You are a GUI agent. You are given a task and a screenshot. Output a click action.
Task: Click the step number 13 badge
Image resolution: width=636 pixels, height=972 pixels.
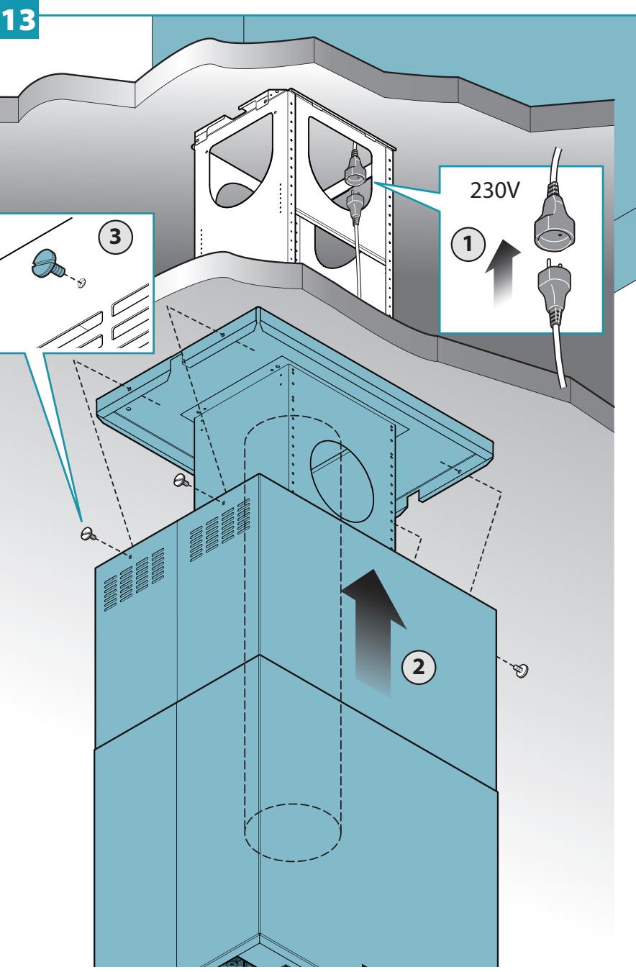(x=19, y=19)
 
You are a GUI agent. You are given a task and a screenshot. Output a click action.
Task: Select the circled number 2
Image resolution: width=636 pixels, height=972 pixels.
(x=418, y=666)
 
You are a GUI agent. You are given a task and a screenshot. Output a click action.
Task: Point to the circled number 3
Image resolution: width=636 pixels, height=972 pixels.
(x=115, y=237)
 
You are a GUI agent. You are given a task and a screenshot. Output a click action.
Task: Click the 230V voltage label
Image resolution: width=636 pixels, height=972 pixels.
(x=494, y=190)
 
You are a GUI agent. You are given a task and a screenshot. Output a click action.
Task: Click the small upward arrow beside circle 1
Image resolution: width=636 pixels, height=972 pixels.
(x=503, y=273)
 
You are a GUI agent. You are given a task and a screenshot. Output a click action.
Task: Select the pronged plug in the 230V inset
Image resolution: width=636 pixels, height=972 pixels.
(x=554, y=289)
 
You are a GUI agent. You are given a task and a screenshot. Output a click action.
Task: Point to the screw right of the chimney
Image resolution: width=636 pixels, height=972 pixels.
(x=521, y=670)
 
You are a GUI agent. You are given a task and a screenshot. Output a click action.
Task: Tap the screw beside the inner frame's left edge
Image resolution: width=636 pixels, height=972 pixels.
(x=181, y=481)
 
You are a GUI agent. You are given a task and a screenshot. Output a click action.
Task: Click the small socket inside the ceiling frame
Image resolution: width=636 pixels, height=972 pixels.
(x=355, y=171)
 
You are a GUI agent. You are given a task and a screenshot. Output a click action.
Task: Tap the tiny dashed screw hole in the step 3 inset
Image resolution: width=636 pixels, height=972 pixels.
(x=81, y=283)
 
